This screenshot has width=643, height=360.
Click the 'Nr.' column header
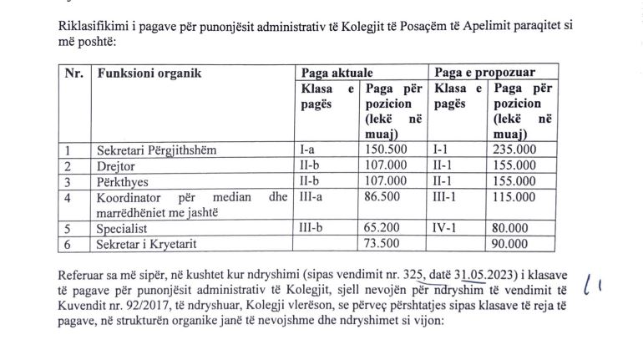tap(74, 74)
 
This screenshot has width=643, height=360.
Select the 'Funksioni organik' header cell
tap(149, 74)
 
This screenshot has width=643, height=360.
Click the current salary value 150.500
tap(387, 150)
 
